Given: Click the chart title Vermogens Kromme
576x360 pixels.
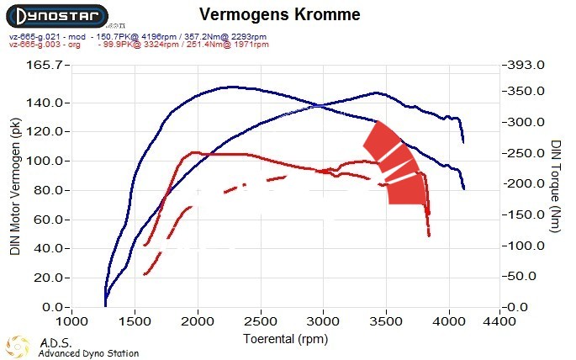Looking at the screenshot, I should (x=280, y=15).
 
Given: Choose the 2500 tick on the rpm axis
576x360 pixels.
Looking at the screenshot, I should (x=260, y=322).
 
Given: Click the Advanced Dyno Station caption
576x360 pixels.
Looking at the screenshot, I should (x=88, y=353).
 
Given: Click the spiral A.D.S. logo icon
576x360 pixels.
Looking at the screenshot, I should (x=18, y=346).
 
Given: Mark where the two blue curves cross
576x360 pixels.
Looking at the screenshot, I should (x=323, y=105).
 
